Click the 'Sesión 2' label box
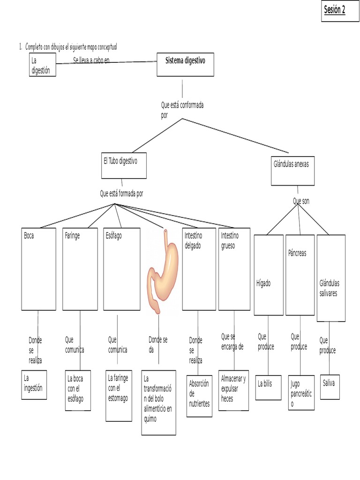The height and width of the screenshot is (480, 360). point(340,11)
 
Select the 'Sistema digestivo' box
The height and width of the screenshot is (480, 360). point(185,65)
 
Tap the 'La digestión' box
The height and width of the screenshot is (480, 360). point(43,65)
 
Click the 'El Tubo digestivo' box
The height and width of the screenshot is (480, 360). point(124,165)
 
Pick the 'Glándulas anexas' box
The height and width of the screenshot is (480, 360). point(292,171)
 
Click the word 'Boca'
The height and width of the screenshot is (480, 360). point(29,236)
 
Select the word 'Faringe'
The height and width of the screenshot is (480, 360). point(72,236)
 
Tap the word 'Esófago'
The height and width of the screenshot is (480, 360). point(113,236)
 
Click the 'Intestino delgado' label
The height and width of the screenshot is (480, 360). point(193,240)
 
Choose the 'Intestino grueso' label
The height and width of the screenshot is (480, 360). point(230,240)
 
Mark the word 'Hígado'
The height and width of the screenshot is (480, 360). point(263,284)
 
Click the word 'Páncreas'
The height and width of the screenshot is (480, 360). point(297,253)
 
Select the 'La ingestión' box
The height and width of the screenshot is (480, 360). point(34,385)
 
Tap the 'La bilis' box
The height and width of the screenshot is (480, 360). point(268,388)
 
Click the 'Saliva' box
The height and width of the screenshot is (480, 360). point(330,387)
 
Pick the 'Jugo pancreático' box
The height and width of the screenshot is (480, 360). point(301,392)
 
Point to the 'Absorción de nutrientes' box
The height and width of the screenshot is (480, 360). point(199,396)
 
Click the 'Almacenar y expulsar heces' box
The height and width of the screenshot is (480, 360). point(233,390)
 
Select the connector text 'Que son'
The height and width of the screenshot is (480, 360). point(301,201)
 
